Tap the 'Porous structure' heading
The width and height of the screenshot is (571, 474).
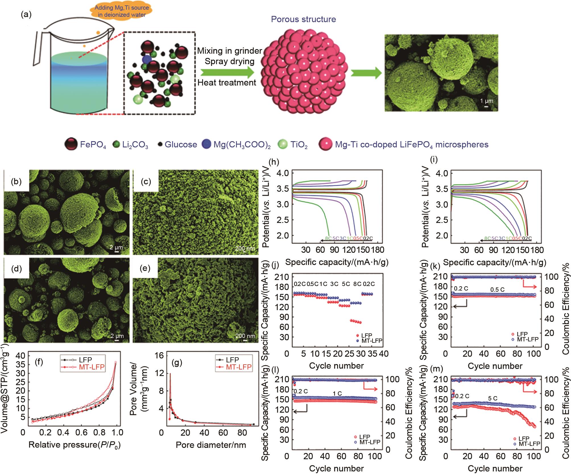click(x=303, y=19)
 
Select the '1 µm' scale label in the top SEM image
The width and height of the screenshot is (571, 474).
click(x=487, y=101)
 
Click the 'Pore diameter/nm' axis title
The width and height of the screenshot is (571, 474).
click(x=211, y=445)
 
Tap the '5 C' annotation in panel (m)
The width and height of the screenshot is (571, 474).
click(x=493, y=398)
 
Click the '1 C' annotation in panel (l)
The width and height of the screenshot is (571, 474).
click(x=338, y=394)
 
